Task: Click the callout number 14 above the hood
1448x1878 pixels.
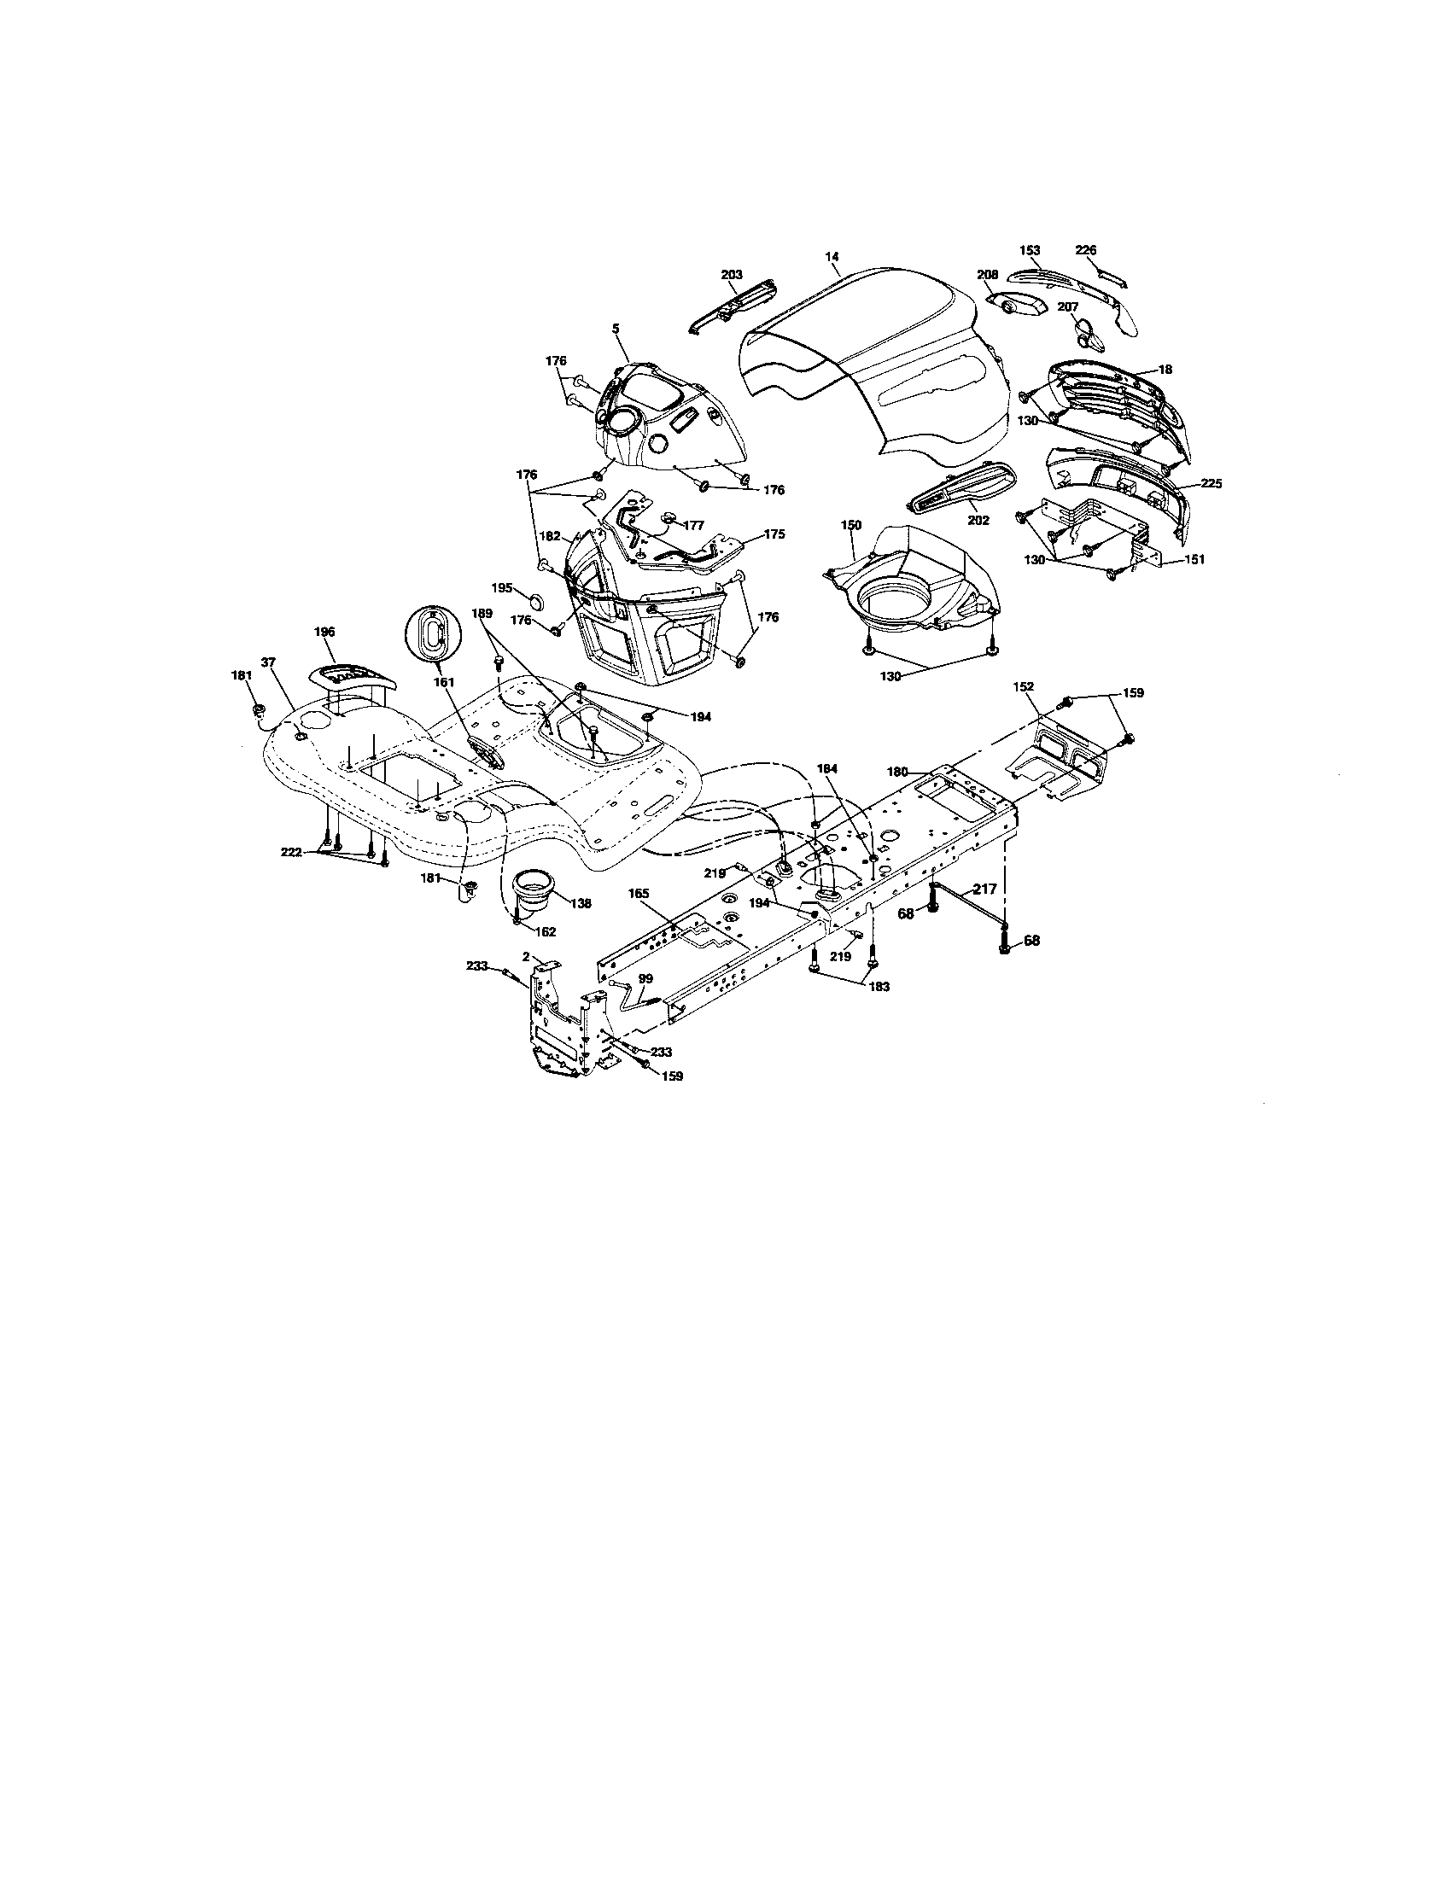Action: tap(831, 256)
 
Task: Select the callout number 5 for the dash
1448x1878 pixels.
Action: tap(616, 328)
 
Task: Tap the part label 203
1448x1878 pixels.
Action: tap(731, 274)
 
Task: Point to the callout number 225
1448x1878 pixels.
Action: tap(1211, 484)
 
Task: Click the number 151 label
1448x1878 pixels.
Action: tap(1194, 559)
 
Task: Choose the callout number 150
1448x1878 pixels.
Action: tap(850, 524)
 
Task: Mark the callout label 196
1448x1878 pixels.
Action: tap(324, 631)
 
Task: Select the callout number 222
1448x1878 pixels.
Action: tap(291, 850)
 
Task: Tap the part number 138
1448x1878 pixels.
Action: tap(581, 904)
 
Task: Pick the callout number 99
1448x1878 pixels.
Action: tap(645, 978)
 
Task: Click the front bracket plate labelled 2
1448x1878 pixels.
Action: tap(559, 1024)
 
